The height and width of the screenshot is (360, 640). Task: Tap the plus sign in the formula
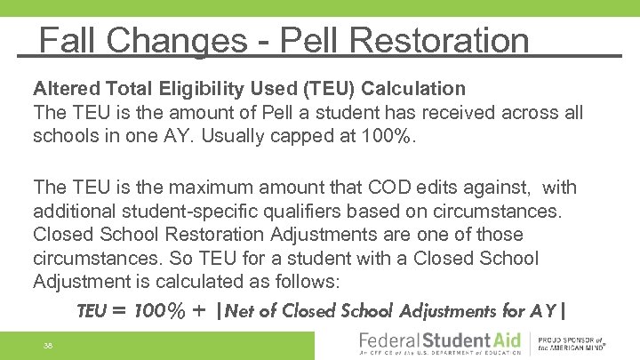(197, 311)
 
